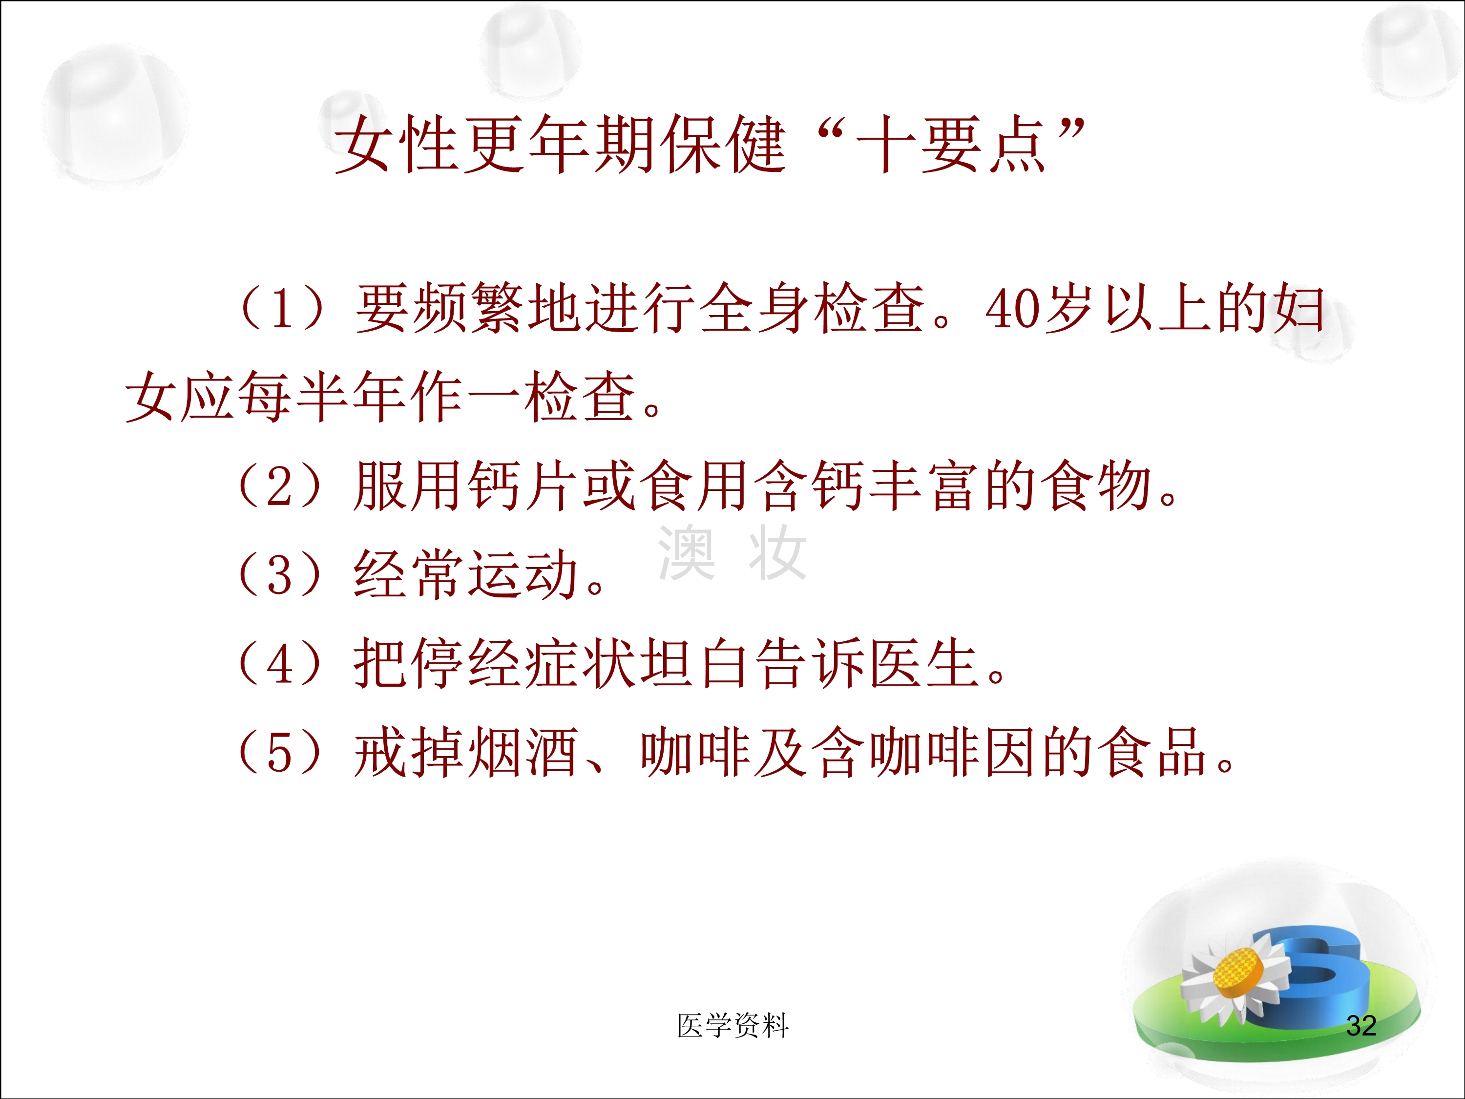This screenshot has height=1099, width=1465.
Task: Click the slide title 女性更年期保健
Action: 560,144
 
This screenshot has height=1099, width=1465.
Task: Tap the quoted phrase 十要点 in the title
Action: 951,144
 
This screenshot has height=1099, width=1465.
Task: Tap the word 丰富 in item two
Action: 925,486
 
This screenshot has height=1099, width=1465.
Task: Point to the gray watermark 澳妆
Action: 732,553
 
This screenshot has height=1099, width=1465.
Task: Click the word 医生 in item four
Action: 925,664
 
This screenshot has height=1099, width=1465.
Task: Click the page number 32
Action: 1361,1026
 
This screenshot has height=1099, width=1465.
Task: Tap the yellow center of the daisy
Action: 1240,972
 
